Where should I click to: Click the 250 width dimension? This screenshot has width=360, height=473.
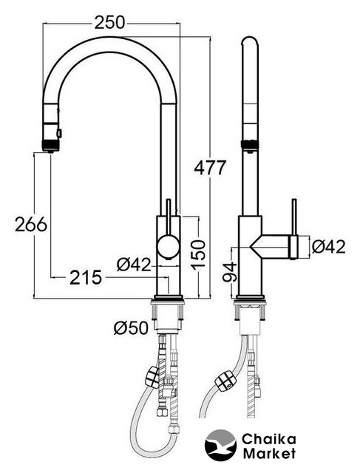tap(109, 23)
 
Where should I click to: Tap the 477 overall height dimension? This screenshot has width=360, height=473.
tap(210, 168)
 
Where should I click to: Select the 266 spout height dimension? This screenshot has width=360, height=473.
tap(31, 224)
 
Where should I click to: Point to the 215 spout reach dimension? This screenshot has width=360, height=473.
tap(86, 278)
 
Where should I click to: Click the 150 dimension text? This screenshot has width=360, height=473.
tap(198, 253)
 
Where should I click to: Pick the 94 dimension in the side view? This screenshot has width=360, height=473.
tap(230, 272)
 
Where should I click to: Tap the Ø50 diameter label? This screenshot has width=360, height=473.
tap(132, 328)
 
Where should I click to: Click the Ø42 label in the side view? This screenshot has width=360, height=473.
tap(329, 248)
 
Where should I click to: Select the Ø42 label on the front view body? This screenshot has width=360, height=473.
tap(133, 265)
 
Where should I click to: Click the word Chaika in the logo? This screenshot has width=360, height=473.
tap(268, 440)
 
